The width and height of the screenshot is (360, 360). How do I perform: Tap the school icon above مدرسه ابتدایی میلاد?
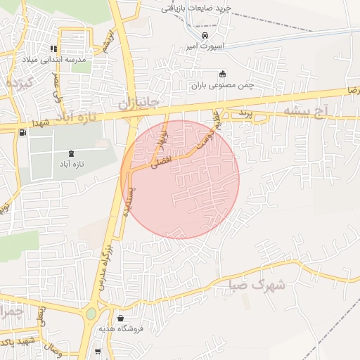click(53, 49)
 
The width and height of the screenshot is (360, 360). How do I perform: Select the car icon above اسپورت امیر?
click(205, 35)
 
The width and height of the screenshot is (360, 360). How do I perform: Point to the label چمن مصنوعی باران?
click(222, 84)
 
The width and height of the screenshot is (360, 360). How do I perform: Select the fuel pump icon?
click(23, 131)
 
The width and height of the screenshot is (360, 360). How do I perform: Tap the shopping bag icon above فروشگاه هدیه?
click(123, 318)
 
